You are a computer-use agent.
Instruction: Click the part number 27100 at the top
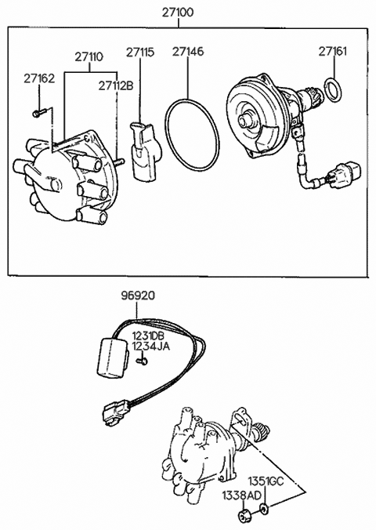[178, 13]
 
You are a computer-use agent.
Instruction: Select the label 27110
[89, 56]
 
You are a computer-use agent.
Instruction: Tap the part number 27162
[39, 78]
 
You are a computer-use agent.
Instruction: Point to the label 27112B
[116, 86]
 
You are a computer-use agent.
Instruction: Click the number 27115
[140, 53]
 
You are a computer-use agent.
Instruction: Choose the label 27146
[188, 52]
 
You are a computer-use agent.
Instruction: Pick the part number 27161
[333, 52]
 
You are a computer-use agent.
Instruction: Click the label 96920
[138, 296]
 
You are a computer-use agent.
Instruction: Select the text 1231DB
[148, 336]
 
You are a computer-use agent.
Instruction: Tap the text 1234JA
[150, 346]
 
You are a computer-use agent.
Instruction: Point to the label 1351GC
[266, 481]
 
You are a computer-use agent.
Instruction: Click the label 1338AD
[241, 496]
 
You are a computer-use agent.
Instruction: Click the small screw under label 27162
[39, 113]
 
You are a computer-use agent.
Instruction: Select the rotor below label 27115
[145, 151]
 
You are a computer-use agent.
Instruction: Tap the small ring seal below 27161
[333, 90]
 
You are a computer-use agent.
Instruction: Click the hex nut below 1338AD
[244, 516]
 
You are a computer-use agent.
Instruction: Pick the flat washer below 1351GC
[264, 507]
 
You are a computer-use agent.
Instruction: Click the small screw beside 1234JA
[142, 361]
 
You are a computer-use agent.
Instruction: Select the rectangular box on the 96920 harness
[113, 358]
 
